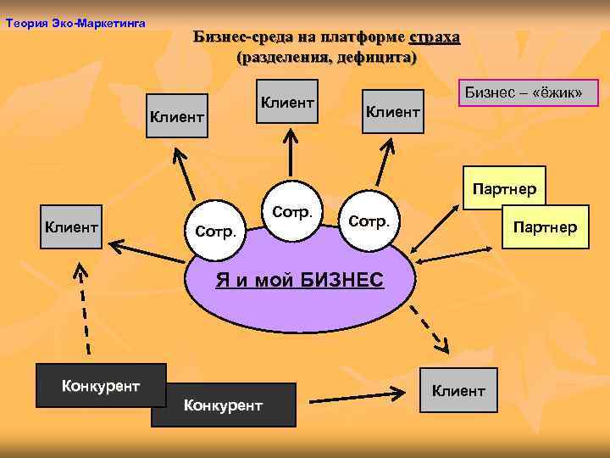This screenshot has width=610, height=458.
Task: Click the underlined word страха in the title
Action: coord(435,37)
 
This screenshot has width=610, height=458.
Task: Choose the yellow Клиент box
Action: coord(458,390)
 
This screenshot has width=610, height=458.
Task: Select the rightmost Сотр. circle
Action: coord(369,221)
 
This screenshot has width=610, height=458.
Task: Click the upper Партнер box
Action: coord(505,188)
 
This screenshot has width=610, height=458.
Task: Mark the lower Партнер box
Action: coord(546,226)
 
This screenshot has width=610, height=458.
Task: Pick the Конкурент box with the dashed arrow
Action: coord(101,386)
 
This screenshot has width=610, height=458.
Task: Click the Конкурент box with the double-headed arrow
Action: coord(224,404)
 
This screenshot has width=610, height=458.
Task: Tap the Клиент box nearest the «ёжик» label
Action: coord(392,111)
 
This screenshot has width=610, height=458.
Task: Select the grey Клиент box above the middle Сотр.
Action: coord(288,102)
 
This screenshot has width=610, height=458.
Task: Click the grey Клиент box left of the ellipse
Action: coord(72,226)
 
